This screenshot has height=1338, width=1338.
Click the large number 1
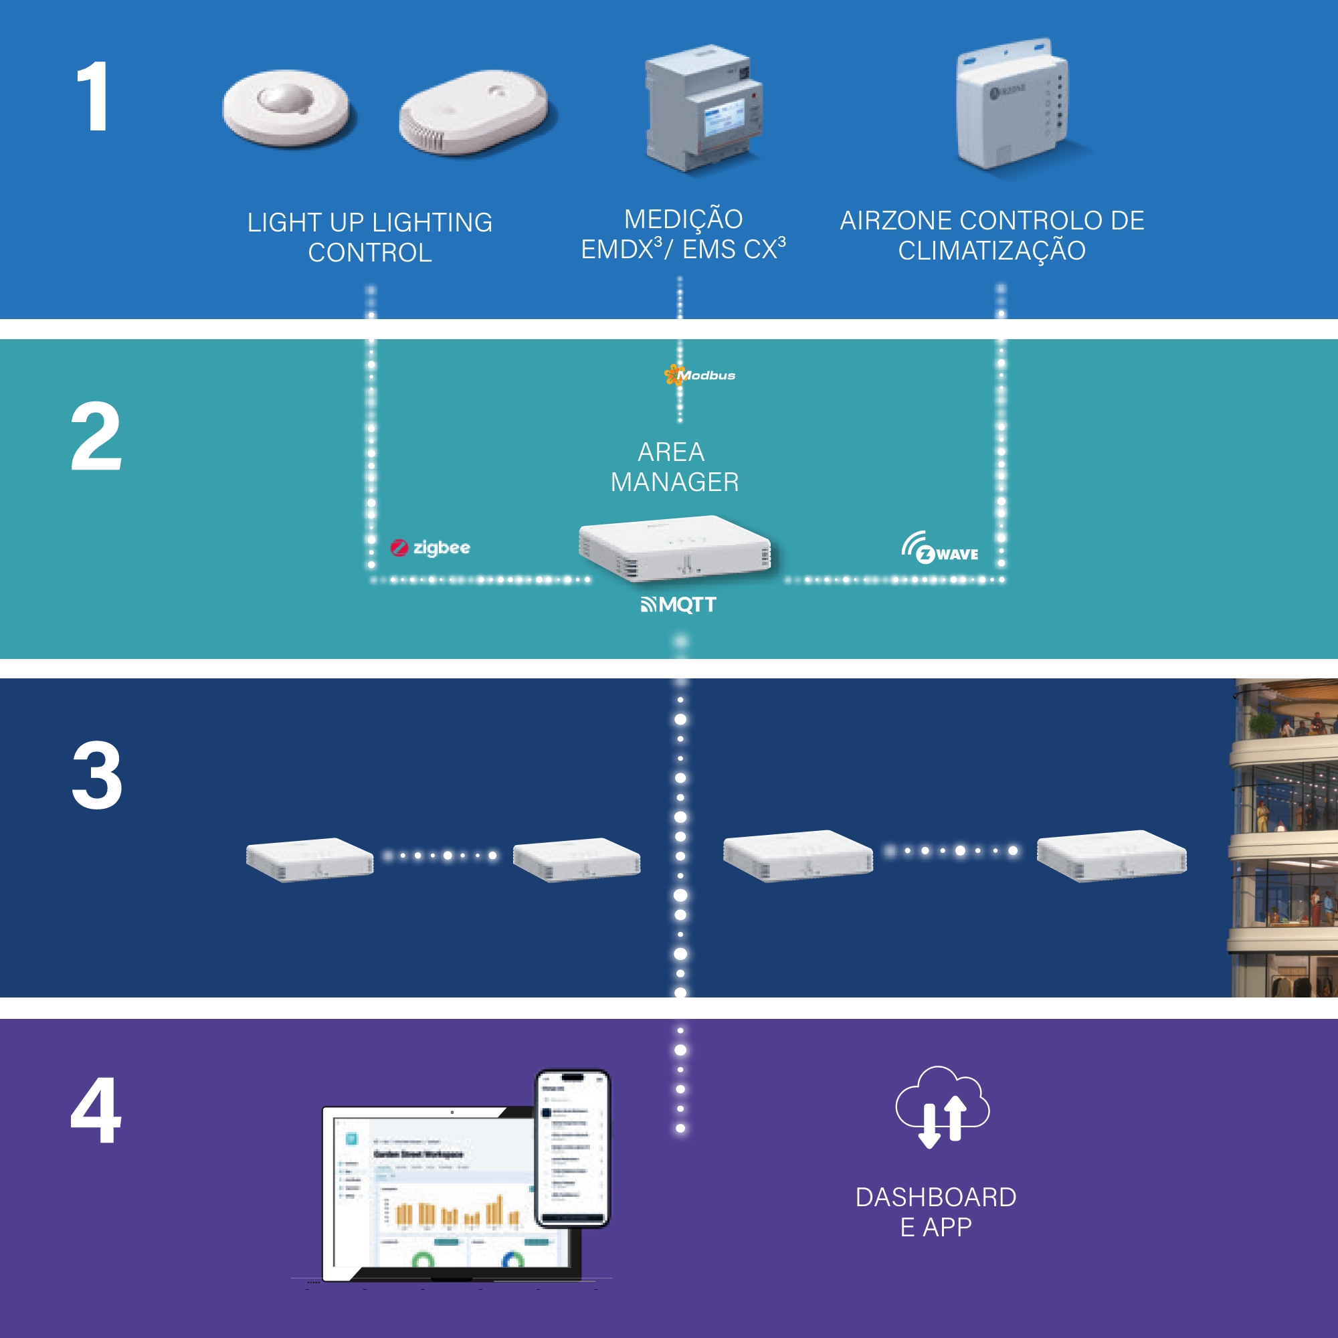pos(94,96)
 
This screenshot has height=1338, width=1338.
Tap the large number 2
pos(96,436)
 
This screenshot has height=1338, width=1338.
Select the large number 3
pos(97,775)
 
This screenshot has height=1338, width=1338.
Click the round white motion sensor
pos(286,107)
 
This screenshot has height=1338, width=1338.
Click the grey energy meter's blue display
pos(724,116)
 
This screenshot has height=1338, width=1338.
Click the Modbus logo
pos(700,375)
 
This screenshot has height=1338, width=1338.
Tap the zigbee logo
pos(430,548)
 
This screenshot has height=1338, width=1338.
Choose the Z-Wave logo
pos(940,549)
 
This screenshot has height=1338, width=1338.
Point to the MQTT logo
pos(678,605)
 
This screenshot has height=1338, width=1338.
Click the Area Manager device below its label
pos(674,549)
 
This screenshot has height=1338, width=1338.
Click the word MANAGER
pos(674,482)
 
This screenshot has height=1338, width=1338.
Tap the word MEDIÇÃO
pos(683,219)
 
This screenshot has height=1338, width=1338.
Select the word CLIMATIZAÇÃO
pos(991,251)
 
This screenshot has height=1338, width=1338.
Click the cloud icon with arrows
pos(942,1105)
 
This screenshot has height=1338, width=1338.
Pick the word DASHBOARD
pos(936,1198)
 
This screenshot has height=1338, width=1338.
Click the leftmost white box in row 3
pos(310,859)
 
